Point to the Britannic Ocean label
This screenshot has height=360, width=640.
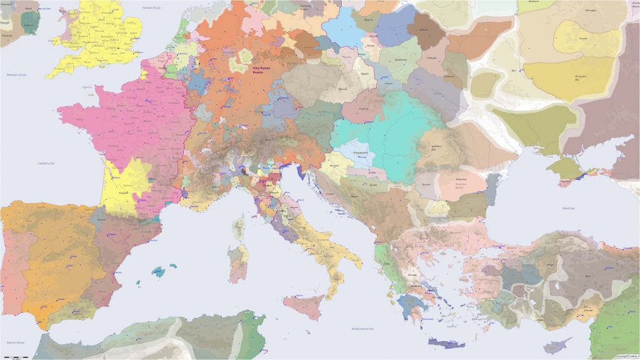tap(17, 75)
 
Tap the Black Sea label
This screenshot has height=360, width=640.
tap(568, 208)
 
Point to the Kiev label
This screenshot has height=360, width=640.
tap(514, 71)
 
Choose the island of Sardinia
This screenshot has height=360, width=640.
tap(238, 263)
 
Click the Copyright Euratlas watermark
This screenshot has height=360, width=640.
tap(626, 356)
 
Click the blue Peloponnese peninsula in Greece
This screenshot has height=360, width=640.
tap(409, 305)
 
